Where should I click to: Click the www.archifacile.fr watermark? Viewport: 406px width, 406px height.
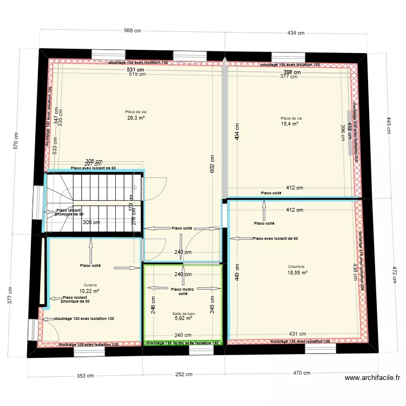pyautogui.click(x=372, y=379)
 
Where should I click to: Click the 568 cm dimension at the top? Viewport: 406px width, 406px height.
pyautogui.click(x=133, y=31)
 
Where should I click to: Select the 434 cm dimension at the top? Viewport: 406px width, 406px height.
pyautogui.click(x=296, y=33)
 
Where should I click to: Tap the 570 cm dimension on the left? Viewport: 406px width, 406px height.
pyautogui.click(x=16, y=141)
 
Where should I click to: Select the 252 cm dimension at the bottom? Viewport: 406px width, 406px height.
pyautogui.click(x=184, y=374)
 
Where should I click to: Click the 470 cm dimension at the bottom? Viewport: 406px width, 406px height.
pyautogui.click(x=302, y=373)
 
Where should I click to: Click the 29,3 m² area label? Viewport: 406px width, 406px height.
pyautogui.click(x=136, y=117)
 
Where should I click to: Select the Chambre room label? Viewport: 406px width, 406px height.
pyautogui.click(x=296, y=266)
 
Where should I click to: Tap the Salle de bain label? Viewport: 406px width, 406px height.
pyautogui.click(x=184, y=313)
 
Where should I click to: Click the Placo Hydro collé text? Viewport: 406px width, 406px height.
pyautogui.click(x=183, y=292)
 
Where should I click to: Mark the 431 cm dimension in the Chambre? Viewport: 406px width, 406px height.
pyautogui.click(x=294, y=334)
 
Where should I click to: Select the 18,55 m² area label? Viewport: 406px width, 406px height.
pyautogui.click(x=297, y=273)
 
